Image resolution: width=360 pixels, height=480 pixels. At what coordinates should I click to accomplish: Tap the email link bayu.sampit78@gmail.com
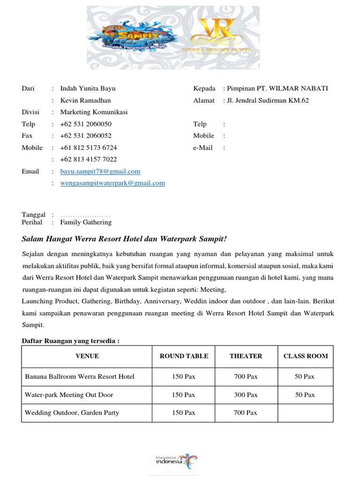[100, 172]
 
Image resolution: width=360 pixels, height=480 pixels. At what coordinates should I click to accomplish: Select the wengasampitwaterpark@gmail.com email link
[112, 183]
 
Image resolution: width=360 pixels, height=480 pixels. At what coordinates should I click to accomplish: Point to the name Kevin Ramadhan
[86, 100]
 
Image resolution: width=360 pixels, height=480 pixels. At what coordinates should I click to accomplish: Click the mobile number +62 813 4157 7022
[89, 159]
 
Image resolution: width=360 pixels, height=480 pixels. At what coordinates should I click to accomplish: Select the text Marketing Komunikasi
[94, 112]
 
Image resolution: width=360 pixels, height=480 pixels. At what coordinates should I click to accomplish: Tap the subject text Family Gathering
[86, 222]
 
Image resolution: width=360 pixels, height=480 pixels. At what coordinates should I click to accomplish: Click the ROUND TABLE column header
[184, 356]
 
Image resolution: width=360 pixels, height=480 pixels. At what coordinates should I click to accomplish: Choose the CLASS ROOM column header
[306, 356]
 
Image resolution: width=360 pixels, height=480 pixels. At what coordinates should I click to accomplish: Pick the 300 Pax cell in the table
[246, 395]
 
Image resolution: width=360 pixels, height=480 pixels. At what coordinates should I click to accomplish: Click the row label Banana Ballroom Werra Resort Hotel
[80, 377]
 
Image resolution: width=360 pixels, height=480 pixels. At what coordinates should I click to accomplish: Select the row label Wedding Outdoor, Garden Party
[72, 413]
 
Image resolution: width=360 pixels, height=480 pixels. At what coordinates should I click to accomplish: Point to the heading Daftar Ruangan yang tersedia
[70, 341]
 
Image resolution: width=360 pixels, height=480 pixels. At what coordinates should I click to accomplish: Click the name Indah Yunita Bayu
[88, 89]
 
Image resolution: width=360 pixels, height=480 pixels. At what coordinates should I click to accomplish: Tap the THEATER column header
[246, 356]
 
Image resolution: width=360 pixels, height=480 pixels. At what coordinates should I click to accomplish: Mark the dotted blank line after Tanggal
[86, 215]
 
